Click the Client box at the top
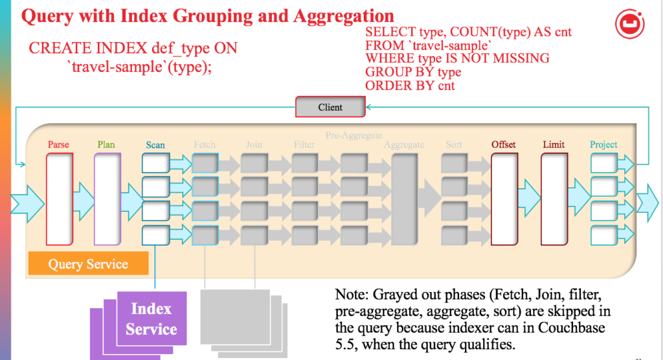click(x=330, y=107)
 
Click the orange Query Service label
click(x=88, y=264)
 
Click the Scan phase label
click(x=155, y=145)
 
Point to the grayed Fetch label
click(x=205, y=144)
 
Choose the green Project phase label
click(x=603, y=144)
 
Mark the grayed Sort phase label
click(x=454, y=144)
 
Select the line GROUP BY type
click(x=413, y=72)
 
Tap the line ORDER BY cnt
click(x=410, y=85)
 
